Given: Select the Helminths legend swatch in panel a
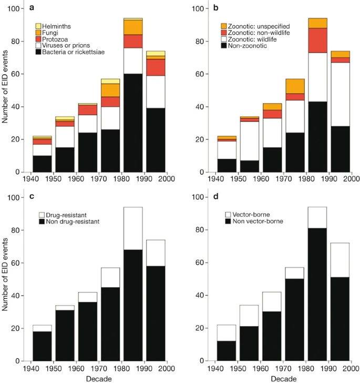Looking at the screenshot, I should (x=38, y=26).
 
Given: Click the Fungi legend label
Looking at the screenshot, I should (x=53, y=33).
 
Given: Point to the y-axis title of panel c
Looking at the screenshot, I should (x=5, y=278).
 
